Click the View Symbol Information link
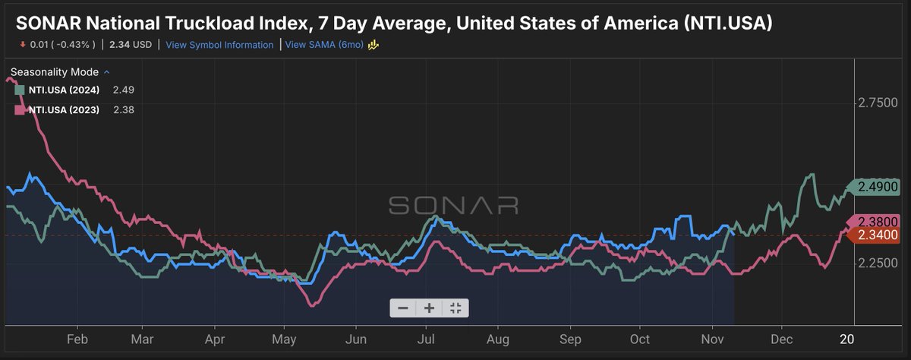pyautogui.click(x=219, y=45)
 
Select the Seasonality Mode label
pyautogui.click(x=55, y=72)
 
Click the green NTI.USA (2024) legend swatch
pyautogui.click(x=20, y=90)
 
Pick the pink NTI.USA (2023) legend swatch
pyautogui.click(x=20, y=110)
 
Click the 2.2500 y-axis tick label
pyautogui.click(x=877, y=262)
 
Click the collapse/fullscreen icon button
pyautogui.click(x=455, y=308)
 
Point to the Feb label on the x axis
pyautogui.click(x=77, y=338)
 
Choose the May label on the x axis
pyautogui.click(x=284, y=338)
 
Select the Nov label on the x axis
pyautogui.click(x=709, y=338)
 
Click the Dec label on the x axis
pyautogui.click(x=780, y=338)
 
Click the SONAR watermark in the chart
pyautogui.click(x=454, y=205)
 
